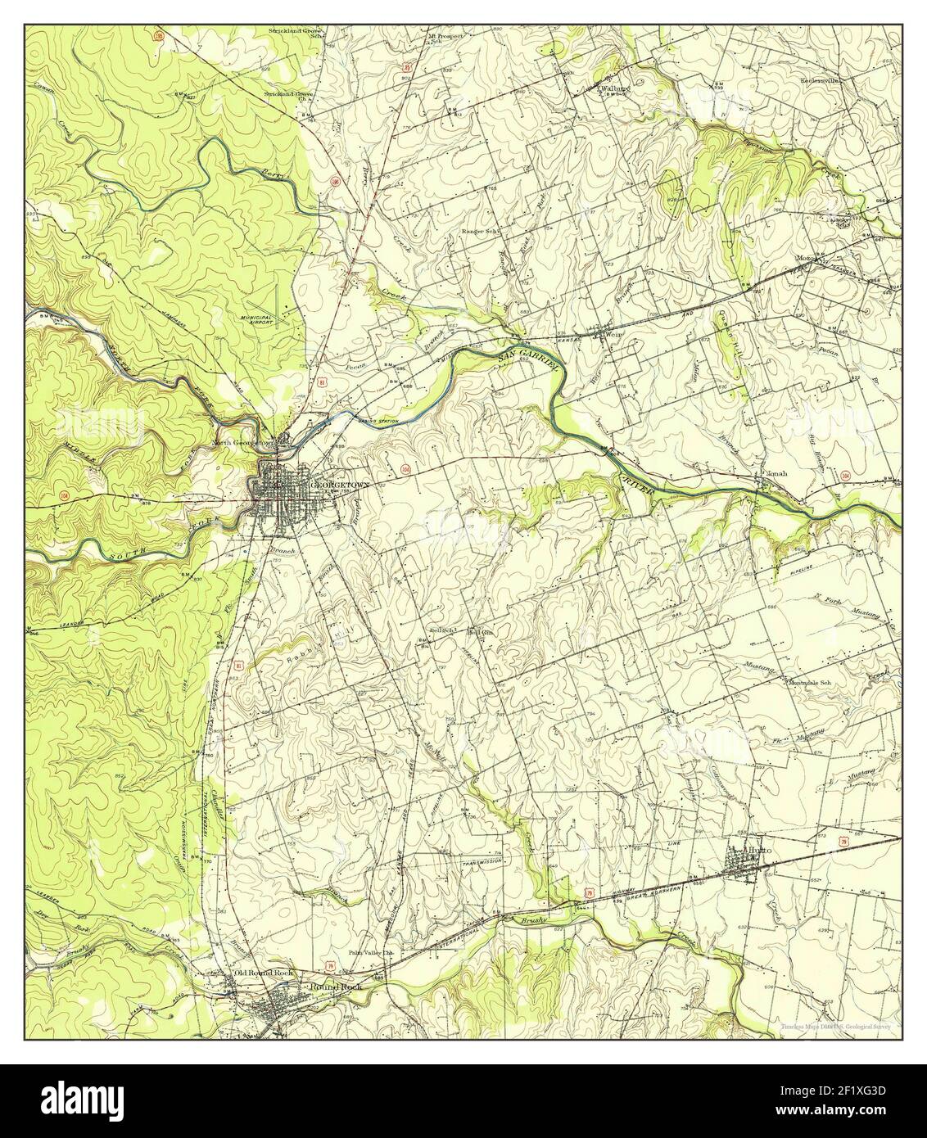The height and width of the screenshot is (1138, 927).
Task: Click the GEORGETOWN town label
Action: [340, 485]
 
